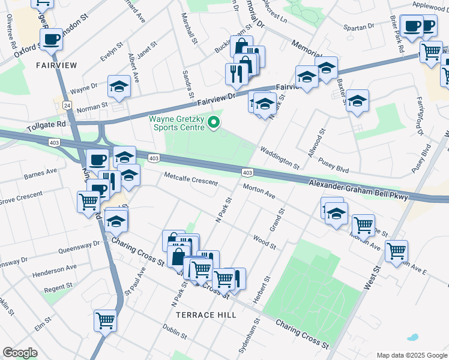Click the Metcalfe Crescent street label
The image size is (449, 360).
click(x=191, y=178)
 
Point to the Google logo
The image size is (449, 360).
click(x=20, y=353)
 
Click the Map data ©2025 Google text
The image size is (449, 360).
click(x=411, y=355)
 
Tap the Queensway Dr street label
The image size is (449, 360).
click(x=79, y=247)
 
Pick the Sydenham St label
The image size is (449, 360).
click(x=242, y=336)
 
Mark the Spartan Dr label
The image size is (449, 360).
click(x=358, y=27)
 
